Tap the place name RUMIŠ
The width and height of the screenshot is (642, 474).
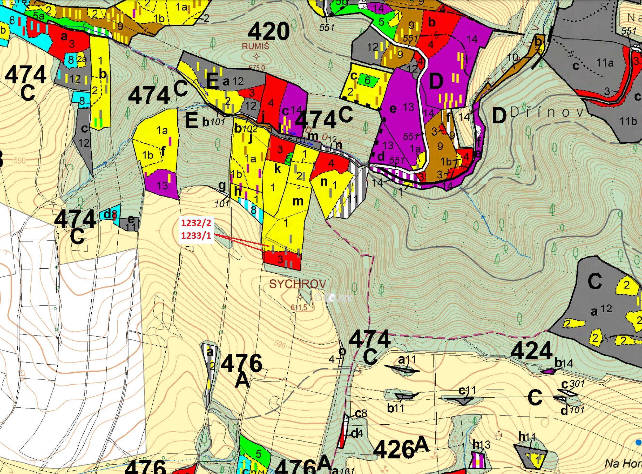[255, 47]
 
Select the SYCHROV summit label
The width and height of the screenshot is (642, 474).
[298, 284]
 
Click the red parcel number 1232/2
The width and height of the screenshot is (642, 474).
[196, 223]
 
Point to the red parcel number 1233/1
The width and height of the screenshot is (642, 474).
[196, 235]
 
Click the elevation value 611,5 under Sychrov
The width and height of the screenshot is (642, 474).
[299, 308]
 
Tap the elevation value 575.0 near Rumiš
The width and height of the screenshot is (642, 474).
[257, 68]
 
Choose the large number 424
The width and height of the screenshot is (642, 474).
[531, 351]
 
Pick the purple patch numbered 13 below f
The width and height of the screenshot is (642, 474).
[162, 185]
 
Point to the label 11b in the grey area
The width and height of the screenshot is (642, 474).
[628, 121]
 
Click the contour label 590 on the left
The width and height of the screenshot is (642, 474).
[19, 160]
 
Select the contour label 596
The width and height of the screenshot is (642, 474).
[280, 344]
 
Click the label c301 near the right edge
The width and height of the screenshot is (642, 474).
[572, 384]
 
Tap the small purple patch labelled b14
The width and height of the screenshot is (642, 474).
[548, 371]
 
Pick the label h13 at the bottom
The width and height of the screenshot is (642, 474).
[481, 444]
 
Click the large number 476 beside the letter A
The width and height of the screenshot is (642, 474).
[241, 363]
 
